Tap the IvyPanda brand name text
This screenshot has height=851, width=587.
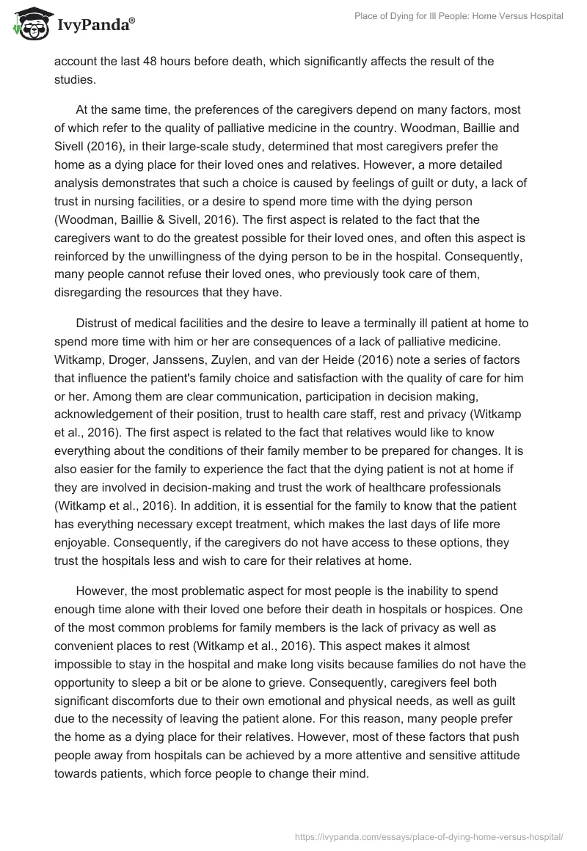(x=95, y=24)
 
